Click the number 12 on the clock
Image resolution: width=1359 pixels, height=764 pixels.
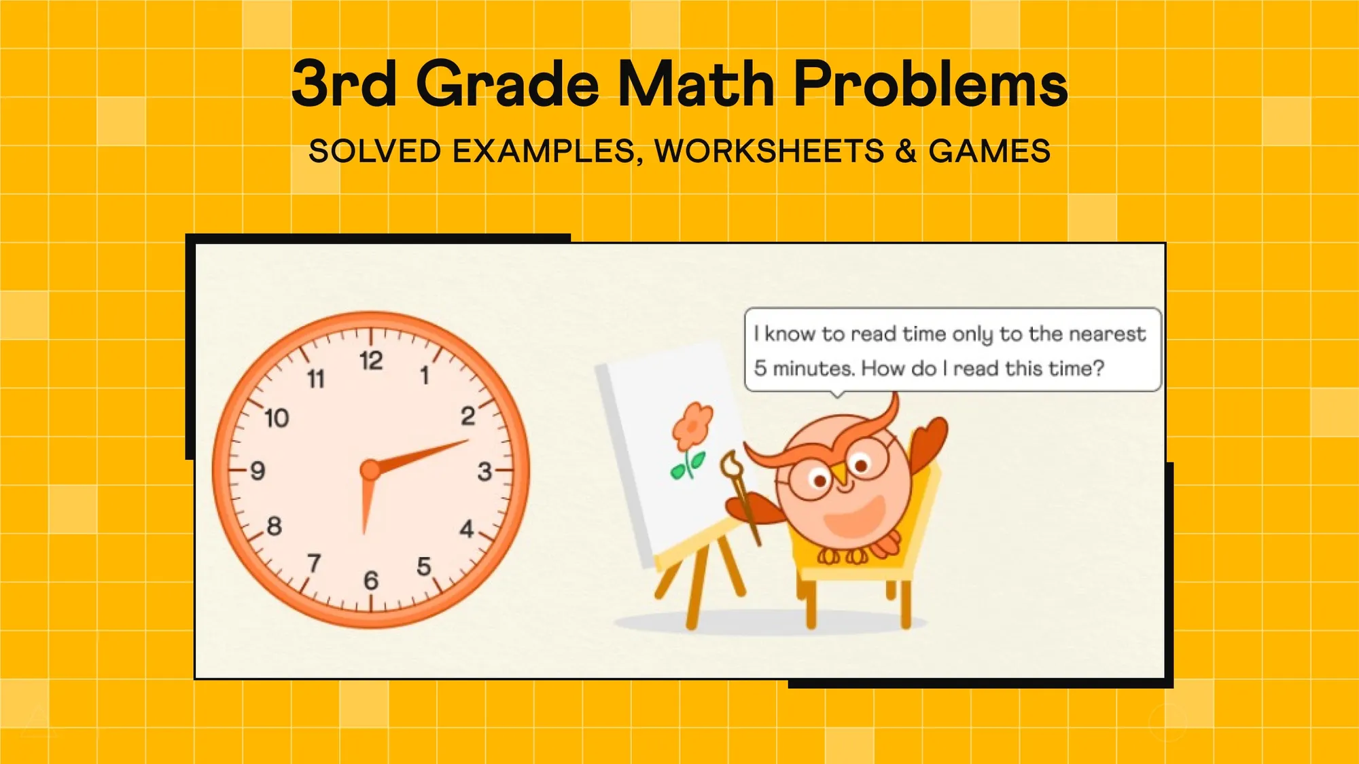371,361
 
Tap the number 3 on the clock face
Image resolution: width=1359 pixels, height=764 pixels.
484,471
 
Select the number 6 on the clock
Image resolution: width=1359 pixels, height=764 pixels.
371,581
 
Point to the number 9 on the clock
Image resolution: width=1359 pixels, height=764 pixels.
258,471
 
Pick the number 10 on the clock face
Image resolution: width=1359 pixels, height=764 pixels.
277,418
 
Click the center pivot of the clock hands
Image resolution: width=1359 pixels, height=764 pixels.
370,469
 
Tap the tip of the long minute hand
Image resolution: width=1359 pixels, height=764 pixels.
466,441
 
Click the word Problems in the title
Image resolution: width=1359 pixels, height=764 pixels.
931,84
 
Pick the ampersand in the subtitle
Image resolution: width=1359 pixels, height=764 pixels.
906,151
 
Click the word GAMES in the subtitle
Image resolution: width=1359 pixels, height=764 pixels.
989,151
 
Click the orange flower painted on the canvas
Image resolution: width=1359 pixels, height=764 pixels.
692,426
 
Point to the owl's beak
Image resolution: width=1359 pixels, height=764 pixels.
841,475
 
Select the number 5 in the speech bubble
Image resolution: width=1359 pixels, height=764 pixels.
760,369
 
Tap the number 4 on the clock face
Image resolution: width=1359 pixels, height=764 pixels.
466,528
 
